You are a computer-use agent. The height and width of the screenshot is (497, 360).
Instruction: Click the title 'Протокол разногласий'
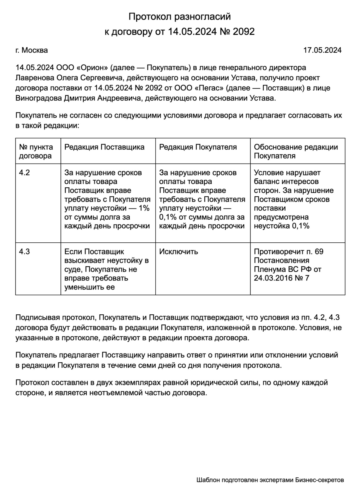179,17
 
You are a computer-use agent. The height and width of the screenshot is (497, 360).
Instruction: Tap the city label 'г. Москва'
31,50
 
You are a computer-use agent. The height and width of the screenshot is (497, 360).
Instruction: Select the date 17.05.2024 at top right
322,50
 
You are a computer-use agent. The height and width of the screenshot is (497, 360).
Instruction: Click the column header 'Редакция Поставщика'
104,147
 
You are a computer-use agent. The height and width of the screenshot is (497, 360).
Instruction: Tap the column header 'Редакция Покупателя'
198,147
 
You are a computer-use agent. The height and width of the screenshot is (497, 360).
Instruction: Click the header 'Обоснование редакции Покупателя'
296,151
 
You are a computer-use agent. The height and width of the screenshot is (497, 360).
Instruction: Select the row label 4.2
24,173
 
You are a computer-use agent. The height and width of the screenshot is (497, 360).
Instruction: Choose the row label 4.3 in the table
24,251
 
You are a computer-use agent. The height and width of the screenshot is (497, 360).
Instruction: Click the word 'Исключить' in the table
178,251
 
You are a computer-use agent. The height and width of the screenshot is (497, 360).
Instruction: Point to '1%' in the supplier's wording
144,208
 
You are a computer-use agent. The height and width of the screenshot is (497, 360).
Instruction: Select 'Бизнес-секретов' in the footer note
319,480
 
